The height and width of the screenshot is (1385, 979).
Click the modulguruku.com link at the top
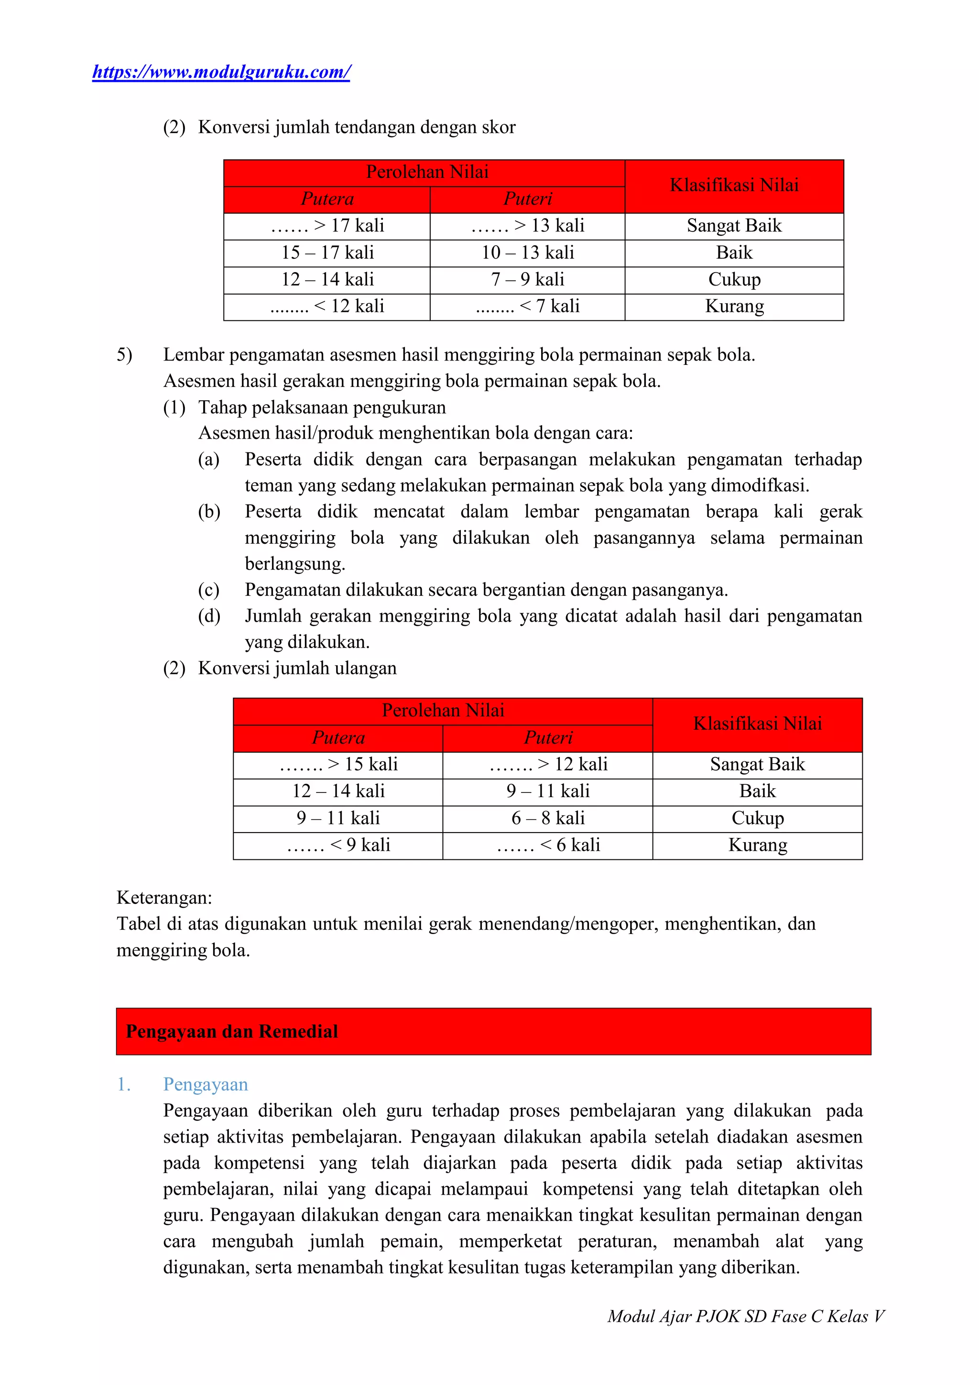pyautogui.click(x=221, y=72)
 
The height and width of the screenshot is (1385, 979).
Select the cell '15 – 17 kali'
pyautogui.click(x=327, y=253)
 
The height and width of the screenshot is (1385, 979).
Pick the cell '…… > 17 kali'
pyautogui.click(x=327, y=226)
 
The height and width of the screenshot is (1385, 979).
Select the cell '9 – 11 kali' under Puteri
pyautogui.click(x=547, y=791)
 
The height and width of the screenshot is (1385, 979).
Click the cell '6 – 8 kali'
pyautogui.click(x=547, y=818)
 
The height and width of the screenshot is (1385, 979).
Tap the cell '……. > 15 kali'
pyautogui.click(x=338, y=764)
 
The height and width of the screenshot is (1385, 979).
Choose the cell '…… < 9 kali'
pyautogui.click(x=338, y=845)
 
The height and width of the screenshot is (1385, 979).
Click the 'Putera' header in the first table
pyautogui.click(x=327, y=199)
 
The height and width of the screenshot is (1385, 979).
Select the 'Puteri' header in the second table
pyautogui.click(x=547, y=738)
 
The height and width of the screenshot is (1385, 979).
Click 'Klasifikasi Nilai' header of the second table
pyautogui.click(x=757, y=724)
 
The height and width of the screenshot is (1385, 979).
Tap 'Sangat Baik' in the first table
pyautogui.click(x=734, y=226)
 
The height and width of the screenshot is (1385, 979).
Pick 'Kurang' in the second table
pyautogui.click(x=757, y=845)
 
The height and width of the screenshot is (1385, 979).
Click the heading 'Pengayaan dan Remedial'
pyautogui.click(x=232, y=1031)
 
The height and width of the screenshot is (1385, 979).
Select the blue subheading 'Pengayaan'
pyautogui.click(x=206, y=1084)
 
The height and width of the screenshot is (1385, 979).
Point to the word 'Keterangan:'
pyautogui.click(x=164, y=897)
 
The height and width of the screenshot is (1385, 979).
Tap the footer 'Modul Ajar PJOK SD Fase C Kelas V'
pyautogui.click(x=745, y=1316)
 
